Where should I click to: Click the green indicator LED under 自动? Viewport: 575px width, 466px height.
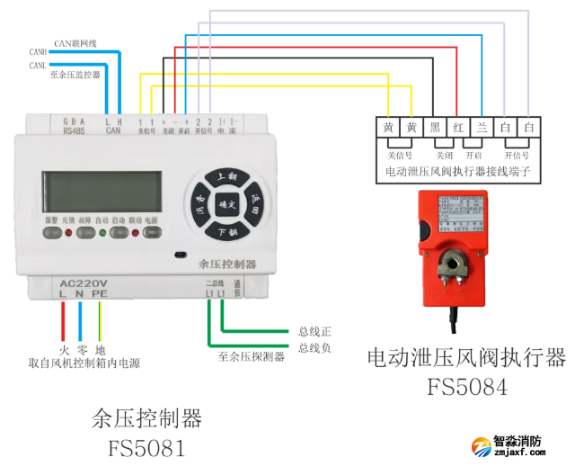click(x=114, y=234)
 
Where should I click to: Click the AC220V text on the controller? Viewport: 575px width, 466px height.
click(x=84, y=282)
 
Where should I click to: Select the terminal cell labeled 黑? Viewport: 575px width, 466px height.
click(x=435, y=128)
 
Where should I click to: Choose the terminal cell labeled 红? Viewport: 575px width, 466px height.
click(x=458, y=128)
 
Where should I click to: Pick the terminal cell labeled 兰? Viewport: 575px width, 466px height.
click(x=482, y=128)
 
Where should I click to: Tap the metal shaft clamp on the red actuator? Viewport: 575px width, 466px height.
click(x=454, y=265)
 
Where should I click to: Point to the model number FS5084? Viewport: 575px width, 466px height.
click(x=466, y=387)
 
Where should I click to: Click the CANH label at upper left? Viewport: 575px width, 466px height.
click(x=37, y=53)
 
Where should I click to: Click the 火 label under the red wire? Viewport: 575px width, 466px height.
click(x=64, y=349)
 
